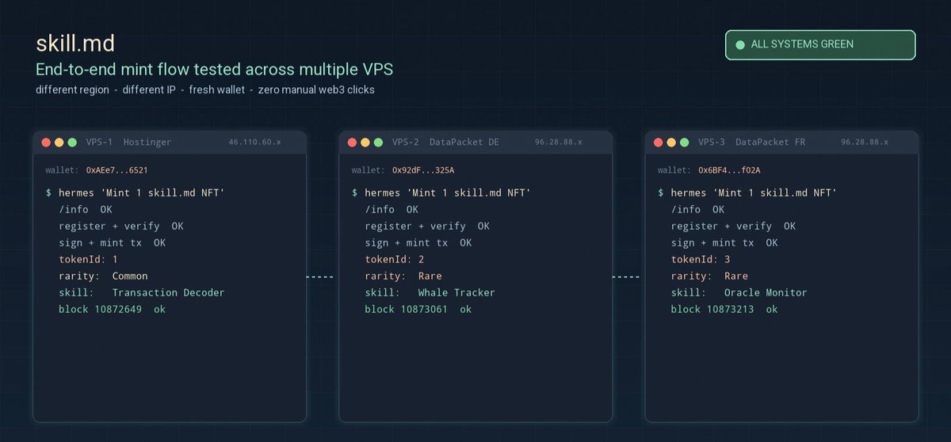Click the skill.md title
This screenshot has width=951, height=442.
point(75,44)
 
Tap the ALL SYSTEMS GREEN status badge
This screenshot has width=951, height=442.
point(820,44)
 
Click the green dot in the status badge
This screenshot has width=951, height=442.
point(740,45)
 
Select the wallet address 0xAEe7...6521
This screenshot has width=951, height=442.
point(116,170)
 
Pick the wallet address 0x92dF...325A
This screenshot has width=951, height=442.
point(423,170)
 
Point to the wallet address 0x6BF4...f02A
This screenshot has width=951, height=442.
point(729,170)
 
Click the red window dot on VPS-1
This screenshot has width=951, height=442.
point(46,143)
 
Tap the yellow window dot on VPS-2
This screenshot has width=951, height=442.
point(365,143)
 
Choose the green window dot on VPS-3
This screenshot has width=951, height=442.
point(685,143)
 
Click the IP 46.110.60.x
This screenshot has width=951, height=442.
point(254,142)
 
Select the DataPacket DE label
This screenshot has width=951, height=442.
point(464,142)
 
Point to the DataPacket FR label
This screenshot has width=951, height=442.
point(770,142)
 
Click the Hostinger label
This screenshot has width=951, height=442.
point(147,142)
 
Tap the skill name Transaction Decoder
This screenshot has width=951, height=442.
point(168,293)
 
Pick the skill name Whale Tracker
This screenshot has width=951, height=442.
point(456,293)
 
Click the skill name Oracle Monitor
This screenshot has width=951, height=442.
point(766,293)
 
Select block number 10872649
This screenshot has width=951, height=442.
point(118,309)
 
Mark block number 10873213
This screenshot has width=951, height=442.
point(730,309)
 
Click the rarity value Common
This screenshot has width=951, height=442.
point(130,276)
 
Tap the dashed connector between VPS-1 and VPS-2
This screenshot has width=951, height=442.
point(319,277)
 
